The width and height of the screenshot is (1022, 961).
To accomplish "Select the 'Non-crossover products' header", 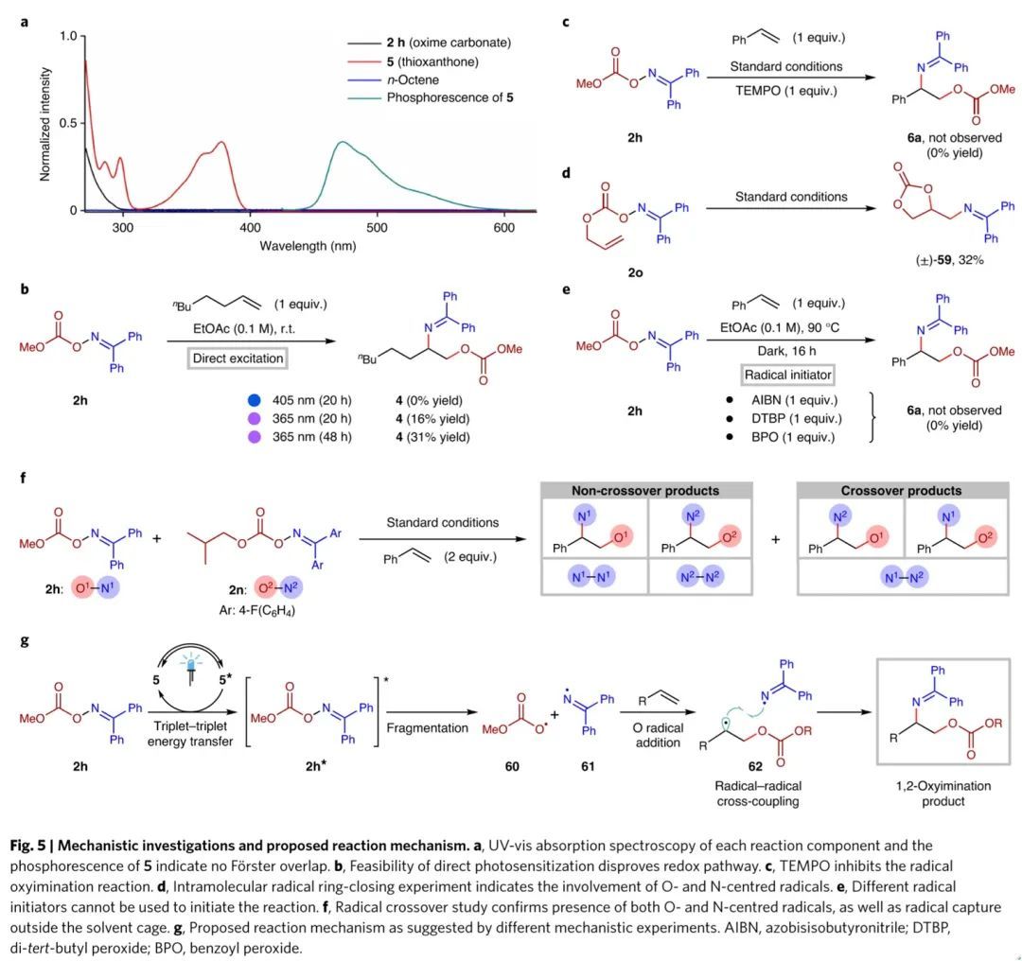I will coord(645,491).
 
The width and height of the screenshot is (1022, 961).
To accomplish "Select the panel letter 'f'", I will coord(24,478).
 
